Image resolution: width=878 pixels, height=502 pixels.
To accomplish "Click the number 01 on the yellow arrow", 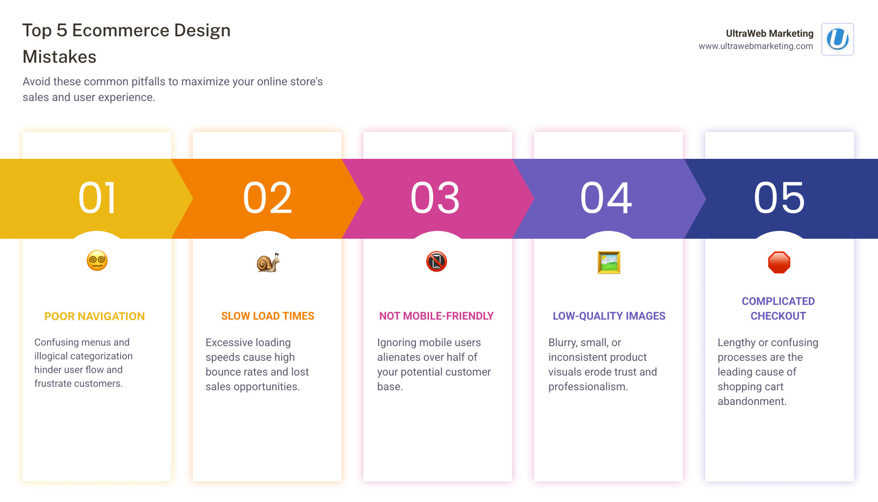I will pos(98,198).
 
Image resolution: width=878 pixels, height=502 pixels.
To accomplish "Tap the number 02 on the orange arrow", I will pos(268,198).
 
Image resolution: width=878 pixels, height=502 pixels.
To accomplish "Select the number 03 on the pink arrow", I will pos(436,198).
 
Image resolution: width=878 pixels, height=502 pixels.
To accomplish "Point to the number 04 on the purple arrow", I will pos(606,198).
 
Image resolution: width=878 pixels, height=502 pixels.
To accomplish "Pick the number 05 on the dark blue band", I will pos(779,198).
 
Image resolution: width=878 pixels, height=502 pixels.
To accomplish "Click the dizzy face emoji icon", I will pos(97,260).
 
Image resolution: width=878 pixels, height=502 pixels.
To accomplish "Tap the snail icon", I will pos(268,262).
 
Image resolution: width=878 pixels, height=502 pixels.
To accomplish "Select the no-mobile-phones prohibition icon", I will pos(437,261).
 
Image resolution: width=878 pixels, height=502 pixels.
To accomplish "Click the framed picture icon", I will pos(609,262).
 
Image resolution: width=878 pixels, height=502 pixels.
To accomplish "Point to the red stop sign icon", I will pos(779,262).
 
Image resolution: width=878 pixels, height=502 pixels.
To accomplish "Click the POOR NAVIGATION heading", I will pos(95,317).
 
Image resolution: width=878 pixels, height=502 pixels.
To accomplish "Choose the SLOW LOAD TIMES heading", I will pos(268,316).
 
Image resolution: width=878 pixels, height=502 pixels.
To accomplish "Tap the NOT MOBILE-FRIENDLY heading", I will pos(436,316).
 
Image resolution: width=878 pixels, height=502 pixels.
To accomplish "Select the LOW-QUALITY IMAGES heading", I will pos(609,316).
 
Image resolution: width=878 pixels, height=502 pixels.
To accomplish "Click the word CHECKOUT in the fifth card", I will pos(778,316).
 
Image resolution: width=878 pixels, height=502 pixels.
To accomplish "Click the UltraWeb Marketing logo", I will pos(837,39).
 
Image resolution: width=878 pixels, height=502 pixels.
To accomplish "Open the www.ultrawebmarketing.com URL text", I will pos(755,46).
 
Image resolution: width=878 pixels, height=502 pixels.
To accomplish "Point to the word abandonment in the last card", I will pos(752,402).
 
